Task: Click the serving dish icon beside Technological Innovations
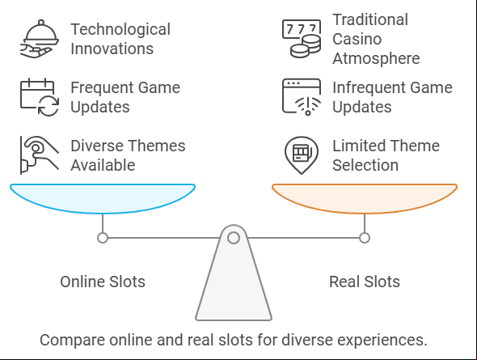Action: (x=40, y=39)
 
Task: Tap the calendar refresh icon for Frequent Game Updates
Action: (x=40, y=97)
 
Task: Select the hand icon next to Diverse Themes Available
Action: (x=40, y=155)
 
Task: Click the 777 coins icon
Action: (x=302, y=39)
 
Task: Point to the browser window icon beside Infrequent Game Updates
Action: (x=302, y=97)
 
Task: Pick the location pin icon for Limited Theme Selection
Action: (x=302, y=155)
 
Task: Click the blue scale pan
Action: (x=103, y=198)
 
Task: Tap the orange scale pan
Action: (x=365, y=198)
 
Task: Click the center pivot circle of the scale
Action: (x=234, y=238)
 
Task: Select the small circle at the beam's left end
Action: (x=103, y=238)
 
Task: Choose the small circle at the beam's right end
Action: (x=365, y=238)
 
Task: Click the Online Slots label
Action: (x=103, y=282)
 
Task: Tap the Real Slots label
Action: (x=365, y=282)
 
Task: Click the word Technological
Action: (x=120, y=30)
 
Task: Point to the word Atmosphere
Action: (x=376, y=58)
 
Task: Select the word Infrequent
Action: (x=369, y=88)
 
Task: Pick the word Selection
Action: (x=365, y=165)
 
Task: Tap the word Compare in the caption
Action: (x=72, y=341)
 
